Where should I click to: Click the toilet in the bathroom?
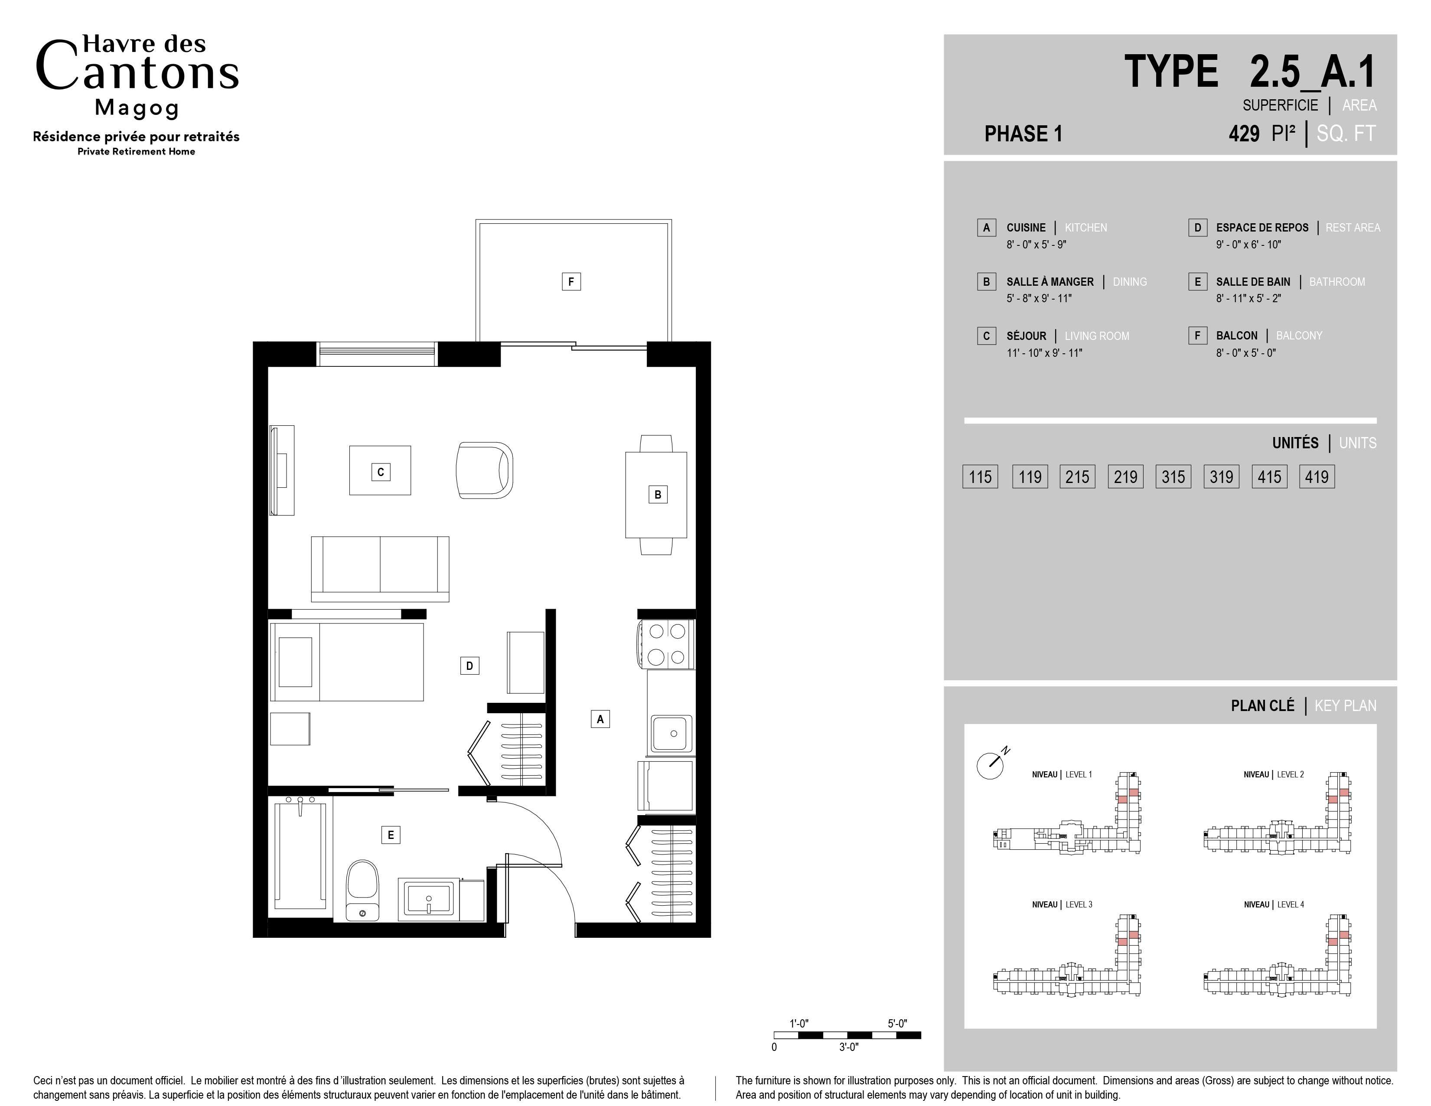click(362, 890)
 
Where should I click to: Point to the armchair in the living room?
click(484, 470)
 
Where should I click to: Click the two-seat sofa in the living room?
click(380, 569)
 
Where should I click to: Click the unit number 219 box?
click(1126, 476)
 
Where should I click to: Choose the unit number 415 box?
click(1269, 476)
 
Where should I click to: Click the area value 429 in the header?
click(1244, 134)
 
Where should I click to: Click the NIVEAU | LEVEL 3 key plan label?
click(1062, 904)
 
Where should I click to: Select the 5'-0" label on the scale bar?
click(897, 1024)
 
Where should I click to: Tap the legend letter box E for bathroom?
click(1197, 282)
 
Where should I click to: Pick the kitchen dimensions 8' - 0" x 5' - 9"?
click(1037, 245)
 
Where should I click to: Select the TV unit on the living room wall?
click(282, 470)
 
